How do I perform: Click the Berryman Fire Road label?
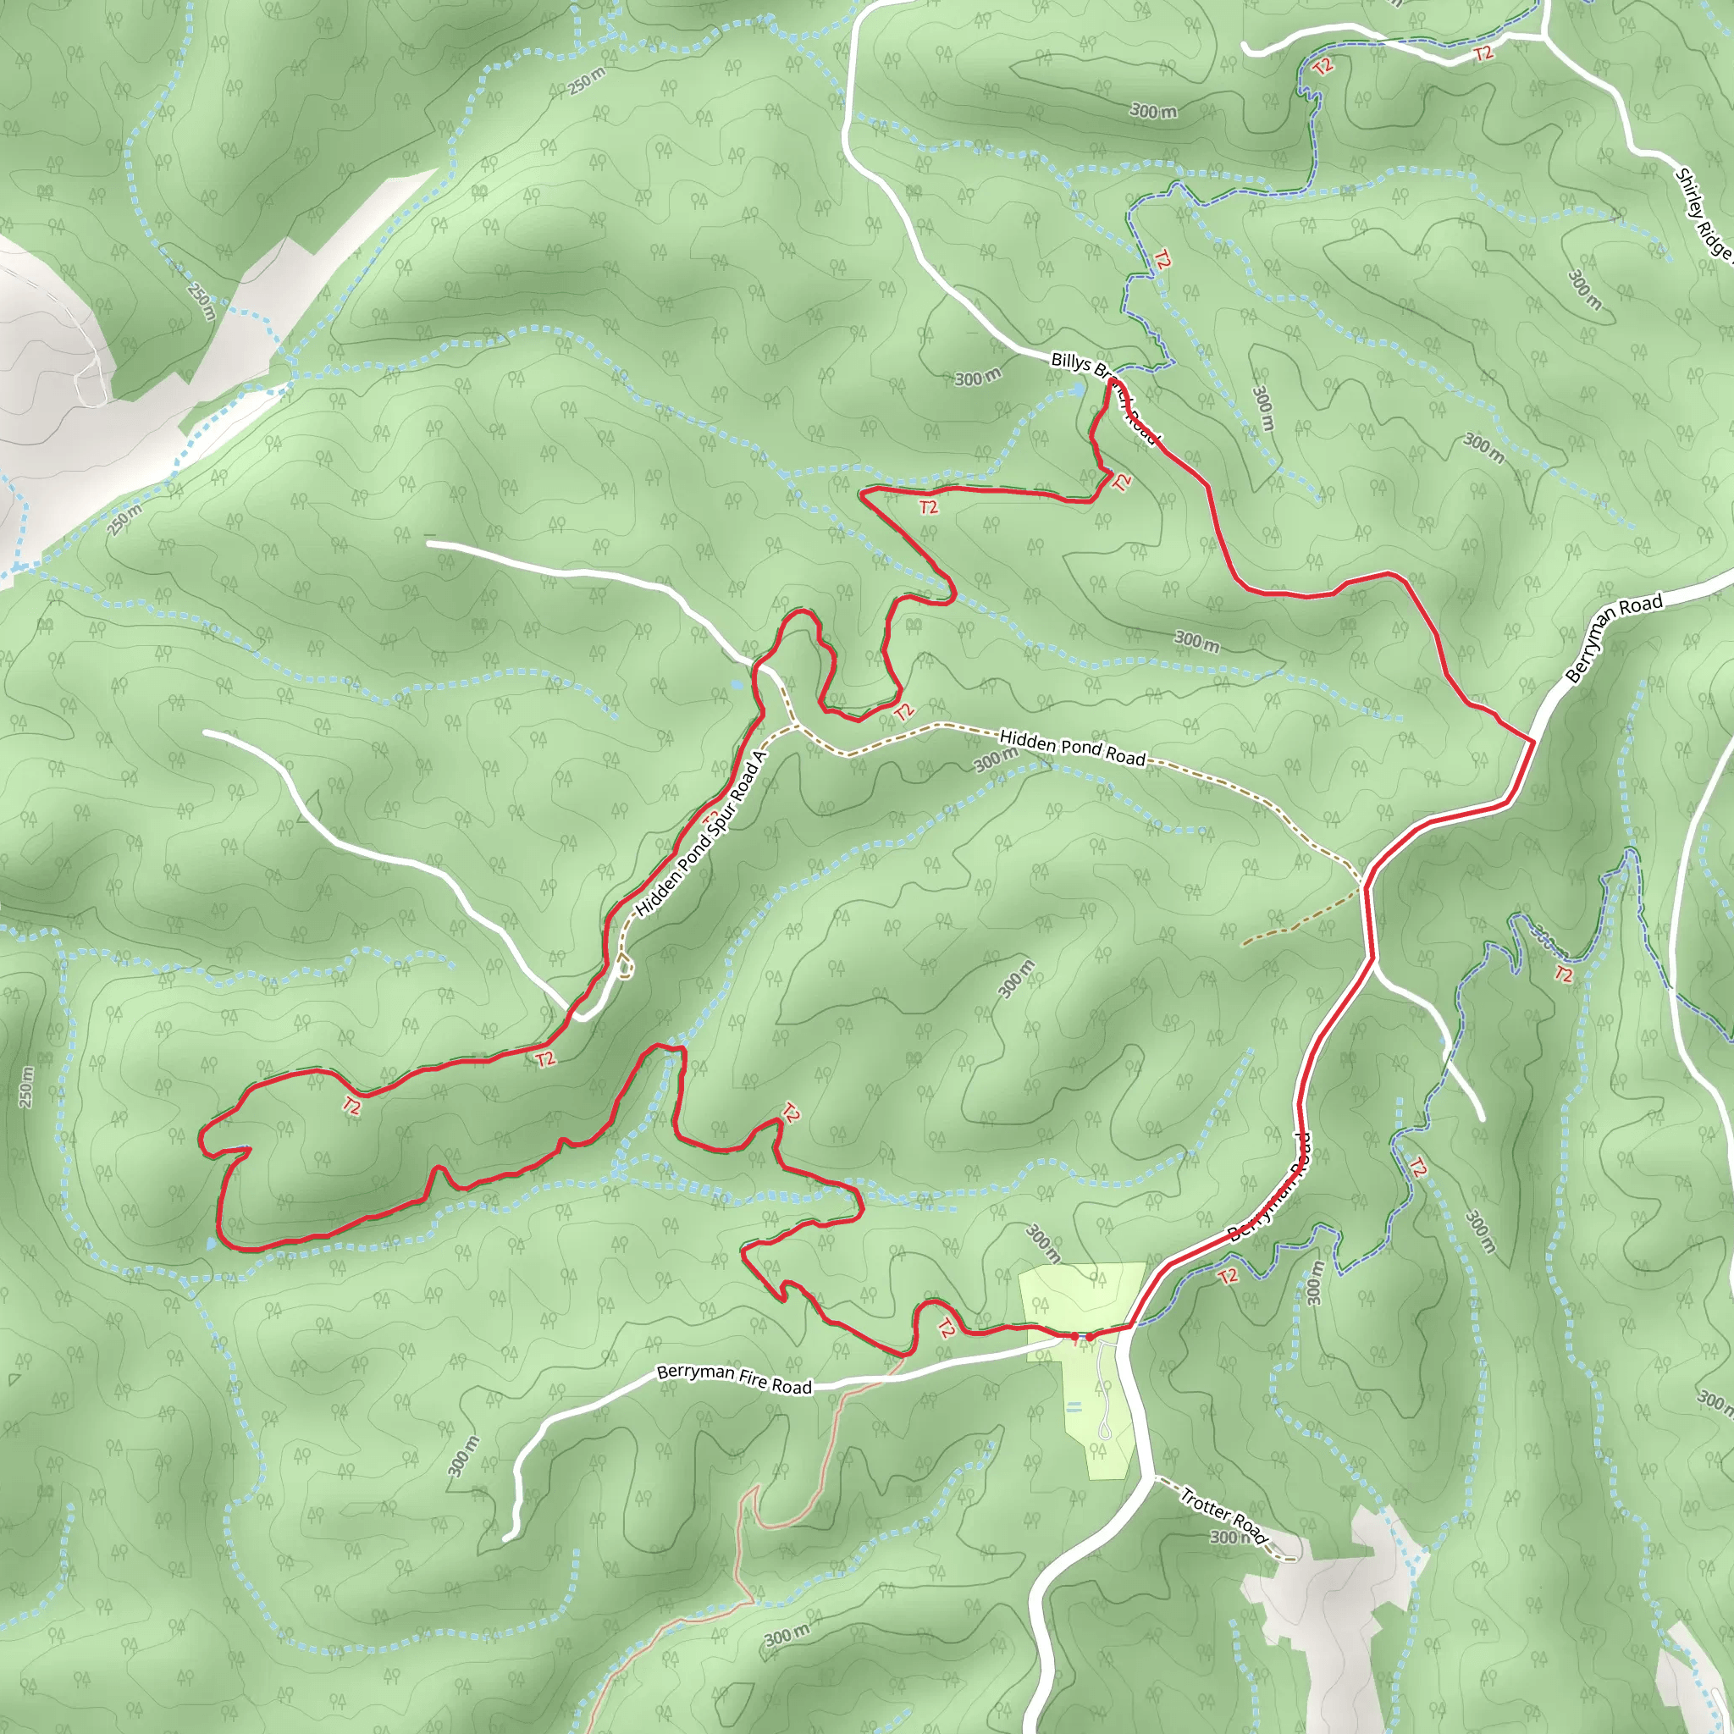pos(733,1379)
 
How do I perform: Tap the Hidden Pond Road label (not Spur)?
pos(1072,748)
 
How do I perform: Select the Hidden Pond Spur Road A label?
pos(700,835)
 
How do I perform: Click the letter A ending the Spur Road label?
pos(759,758)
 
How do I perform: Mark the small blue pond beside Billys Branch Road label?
pos(1078,389)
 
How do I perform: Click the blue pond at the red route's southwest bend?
pos(212,1244)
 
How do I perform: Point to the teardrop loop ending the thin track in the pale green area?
pos(1105,1429)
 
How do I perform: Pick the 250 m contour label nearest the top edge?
pos(586,81)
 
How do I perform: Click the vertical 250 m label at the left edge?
pos(26,1087)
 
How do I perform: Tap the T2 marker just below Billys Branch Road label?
pos(1122,482)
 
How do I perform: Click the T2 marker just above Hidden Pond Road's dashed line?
pos(903,712)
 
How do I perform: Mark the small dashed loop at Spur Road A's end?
pos(626,967)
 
